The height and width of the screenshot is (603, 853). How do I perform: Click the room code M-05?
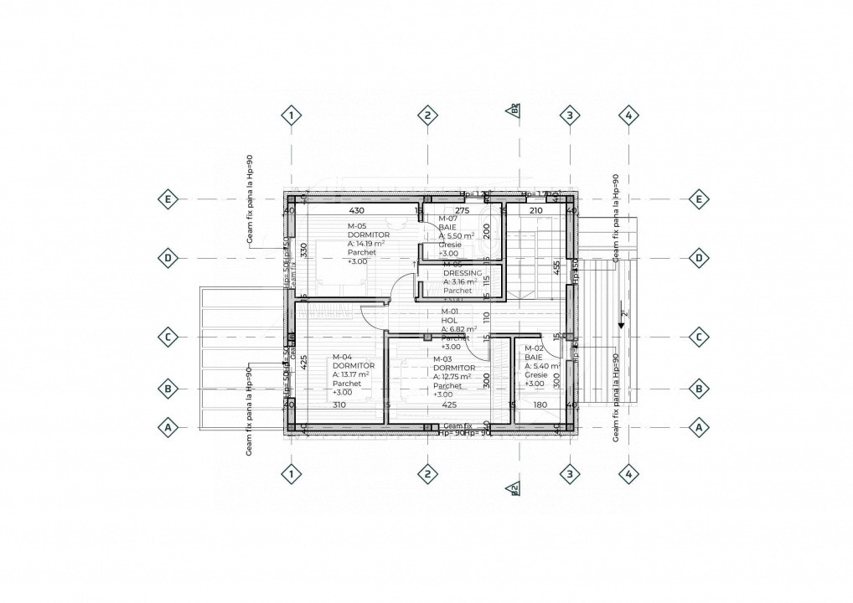pyautogui.click(x=358, y=226)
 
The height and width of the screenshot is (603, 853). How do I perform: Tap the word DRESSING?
pyautogui.click(x=463, y=273)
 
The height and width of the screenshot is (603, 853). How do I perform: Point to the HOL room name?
pyautogui.click(x=448, y=320)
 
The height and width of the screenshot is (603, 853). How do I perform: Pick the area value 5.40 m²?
pyautogui.click(x=542, y=367)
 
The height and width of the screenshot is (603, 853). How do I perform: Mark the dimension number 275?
pyautogui.click(x=463, y=210)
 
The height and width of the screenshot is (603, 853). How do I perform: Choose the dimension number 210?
pyautogui.click(x=536, y=210)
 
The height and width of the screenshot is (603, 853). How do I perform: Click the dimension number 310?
pyautogui.click(x=339, y=405)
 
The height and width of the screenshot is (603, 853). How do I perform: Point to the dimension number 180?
pyautogui.click(x=540, y=405)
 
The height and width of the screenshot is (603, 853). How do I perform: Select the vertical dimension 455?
pyautogui.click(x=556, y=267)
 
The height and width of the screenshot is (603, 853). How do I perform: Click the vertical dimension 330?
pyautogui.click(x=305, y=249)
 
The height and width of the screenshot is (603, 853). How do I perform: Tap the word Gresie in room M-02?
pyautogui.click(x=536, y=375)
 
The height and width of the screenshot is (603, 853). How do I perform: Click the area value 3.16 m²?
pyautogui.click(x=460, y=282)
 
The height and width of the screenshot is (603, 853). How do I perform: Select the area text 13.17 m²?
pyautogui.click(x=351, y=374)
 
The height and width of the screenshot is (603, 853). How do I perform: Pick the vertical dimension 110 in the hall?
pyautogui.click(x=486, y=317)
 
